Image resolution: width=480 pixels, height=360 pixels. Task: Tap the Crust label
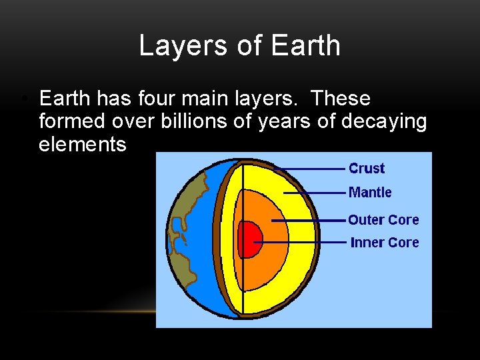click(367, 169)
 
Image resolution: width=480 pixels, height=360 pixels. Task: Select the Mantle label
click(370, 193)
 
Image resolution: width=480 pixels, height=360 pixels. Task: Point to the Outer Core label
click(383, 220)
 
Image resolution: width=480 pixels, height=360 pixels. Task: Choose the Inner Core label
click(385, 243)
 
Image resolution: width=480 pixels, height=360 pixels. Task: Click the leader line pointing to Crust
click(310, 169)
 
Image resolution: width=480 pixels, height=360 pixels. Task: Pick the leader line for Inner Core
click(303, 242)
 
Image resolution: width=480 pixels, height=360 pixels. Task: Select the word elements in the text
click(82, 144)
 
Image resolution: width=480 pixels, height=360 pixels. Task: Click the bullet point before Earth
click(23, 99)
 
